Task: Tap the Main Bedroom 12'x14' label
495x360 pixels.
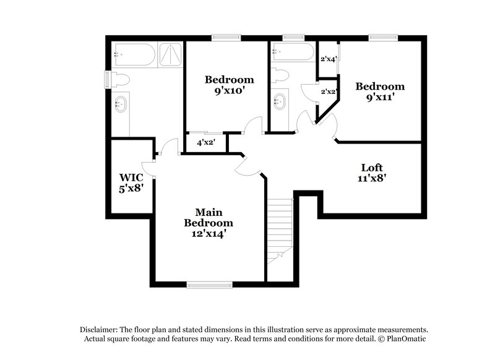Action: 209,223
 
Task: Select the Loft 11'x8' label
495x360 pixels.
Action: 372,173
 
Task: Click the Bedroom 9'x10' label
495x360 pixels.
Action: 230,84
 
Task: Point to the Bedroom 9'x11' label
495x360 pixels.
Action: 379,92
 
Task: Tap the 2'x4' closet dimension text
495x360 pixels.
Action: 328,59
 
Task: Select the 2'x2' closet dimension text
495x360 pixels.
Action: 328,92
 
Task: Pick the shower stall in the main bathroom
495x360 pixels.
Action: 170,54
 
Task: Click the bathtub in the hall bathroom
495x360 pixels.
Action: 293,52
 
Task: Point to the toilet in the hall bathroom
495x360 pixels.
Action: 280,76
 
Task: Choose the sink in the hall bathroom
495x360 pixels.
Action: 280,101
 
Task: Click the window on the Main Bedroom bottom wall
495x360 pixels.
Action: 209,285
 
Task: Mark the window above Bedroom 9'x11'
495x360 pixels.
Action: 379,38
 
